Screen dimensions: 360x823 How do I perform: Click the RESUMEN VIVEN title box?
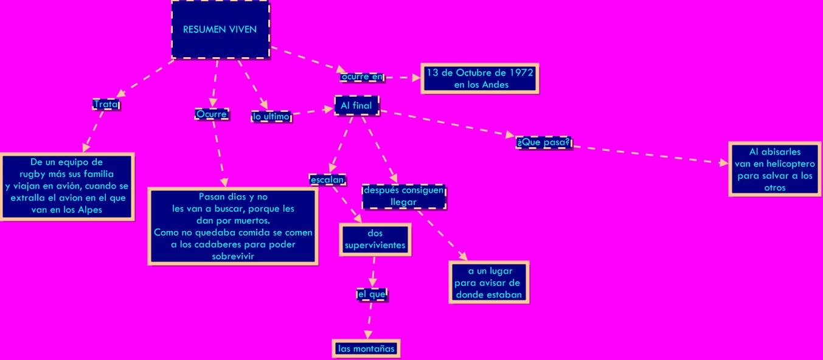(220, 30)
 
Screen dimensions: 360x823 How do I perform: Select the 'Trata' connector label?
(106, 105)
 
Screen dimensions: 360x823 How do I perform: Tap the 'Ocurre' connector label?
(212, 114)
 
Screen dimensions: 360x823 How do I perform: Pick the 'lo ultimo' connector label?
(271, 116)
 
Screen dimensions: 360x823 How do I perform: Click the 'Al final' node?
(356, 105)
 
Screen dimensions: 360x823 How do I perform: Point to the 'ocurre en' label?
(362, 77)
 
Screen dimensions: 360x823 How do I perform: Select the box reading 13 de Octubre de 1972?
(479, 78)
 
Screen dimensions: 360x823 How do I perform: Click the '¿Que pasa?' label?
(543, 142)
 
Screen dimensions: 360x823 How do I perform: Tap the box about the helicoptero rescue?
(774, 170)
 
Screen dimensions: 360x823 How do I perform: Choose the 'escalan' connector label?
(328, 179)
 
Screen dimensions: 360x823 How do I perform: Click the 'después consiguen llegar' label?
(403, 196)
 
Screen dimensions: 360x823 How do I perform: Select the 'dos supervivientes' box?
(375, 240)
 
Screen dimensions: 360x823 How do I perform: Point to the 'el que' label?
(371, 294)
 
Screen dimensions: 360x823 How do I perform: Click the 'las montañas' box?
(366, 348)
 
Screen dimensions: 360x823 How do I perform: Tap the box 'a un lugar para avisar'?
(488, 283)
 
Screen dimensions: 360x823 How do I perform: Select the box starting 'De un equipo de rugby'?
(67, 186)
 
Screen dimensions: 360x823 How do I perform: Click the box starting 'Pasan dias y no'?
(233, 226)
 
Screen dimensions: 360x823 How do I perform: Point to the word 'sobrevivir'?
(232, 256)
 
